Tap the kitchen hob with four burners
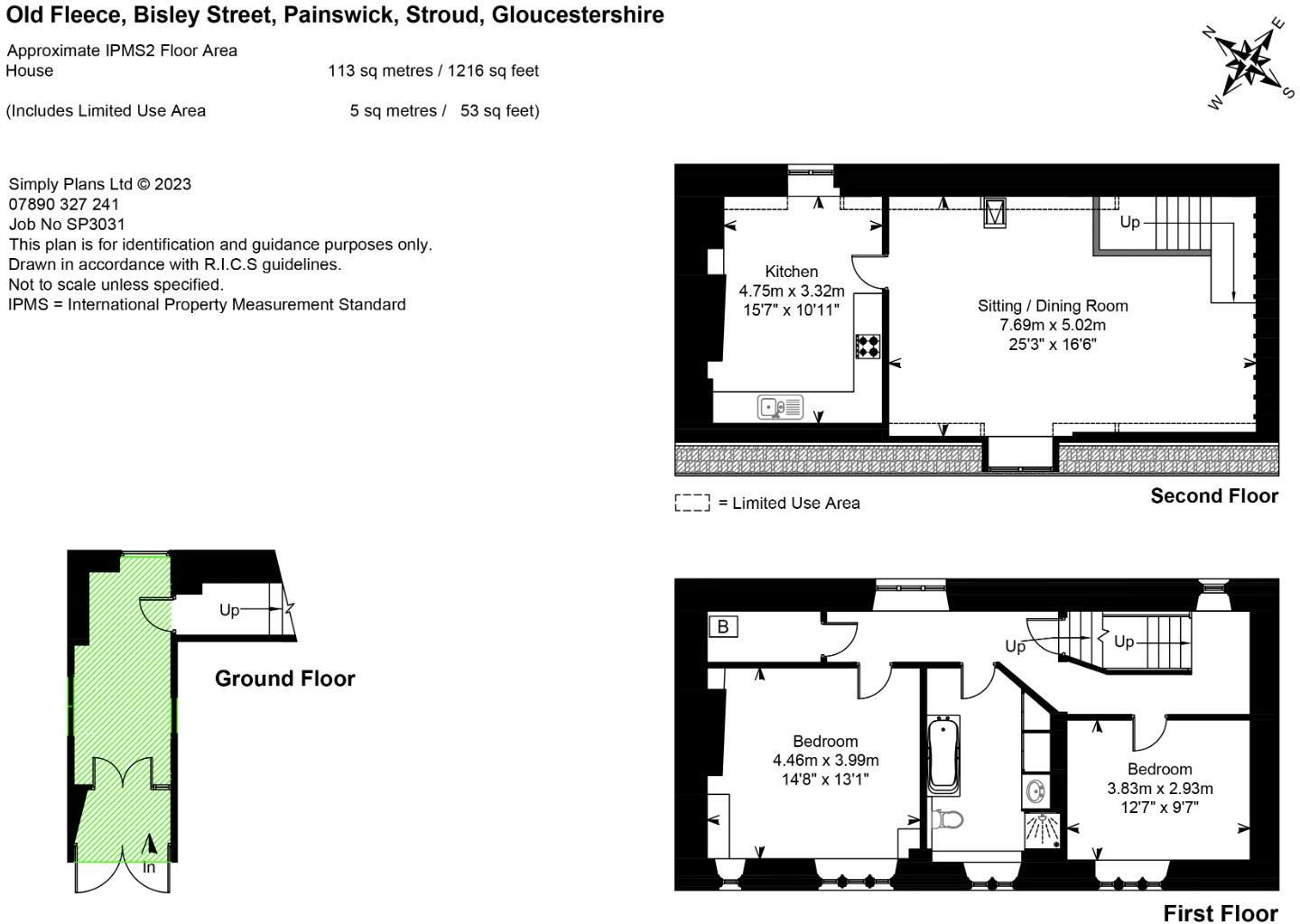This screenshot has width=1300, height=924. tap(868, 346)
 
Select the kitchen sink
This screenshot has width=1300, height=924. tap(780, 408)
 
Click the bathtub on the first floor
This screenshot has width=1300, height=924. tap(943, 755)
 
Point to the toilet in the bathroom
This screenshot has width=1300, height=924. tap(947, 819)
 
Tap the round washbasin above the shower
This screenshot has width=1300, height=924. tap(1035, 792)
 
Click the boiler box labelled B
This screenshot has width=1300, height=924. tap(722, 626)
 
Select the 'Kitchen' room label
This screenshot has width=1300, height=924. tap(791, 272)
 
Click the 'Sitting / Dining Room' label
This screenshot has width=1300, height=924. tap(1053, 306)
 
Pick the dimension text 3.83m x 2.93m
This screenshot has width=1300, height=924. tap(1159, 789)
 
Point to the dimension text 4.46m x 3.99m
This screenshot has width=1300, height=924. tap(825, 761)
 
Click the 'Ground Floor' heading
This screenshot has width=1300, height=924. tap(284, 679)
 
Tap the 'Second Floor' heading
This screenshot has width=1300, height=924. tap(1213, 495)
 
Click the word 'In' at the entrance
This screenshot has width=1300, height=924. tap(149, 868)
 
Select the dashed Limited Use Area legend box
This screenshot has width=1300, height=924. tap(692, 503)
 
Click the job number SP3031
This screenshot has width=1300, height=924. tap(67, 224)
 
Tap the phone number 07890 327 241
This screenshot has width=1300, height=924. tap(63, 204)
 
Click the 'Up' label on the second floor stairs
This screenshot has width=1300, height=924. tap(1129, 222)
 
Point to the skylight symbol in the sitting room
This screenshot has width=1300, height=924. tap(994, 213)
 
